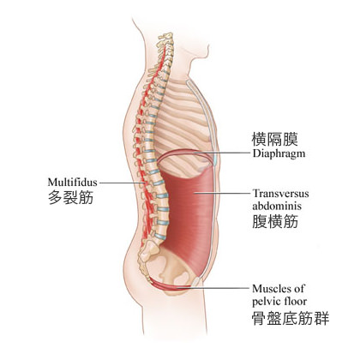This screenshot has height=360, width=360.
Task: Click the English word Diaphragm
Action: pos(279,153)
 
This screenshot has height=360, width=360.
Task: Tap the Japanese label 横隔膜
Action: pos(274,139)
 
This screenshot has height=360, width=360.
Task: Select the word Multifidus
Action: pos(72,183)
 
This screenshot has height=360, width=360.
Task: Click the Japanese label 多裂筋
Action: pos(70,197)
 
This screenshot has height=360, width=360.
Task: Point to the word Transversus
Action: pos(280,194)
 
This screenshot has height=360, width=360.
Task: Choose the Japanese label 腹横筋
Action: pos(275,221)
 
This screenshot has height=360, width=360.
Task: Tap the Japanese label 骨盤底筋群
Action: pos(291,319)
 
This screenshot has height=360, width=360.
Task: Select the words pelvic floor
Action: pos(279,301)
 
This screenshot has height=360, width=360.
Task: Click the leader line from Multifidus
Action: pos(123,183)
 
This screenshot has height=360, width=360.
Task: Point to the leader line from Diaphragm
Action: pos(222,153)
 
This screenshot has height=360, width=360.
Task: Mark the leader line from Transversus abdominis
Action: pos(222,193)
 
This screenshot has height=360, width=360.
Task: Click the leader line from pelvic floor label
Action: pos(213,288)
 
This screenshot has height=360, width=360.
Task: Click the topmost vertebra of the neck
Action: pos(166,36)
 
